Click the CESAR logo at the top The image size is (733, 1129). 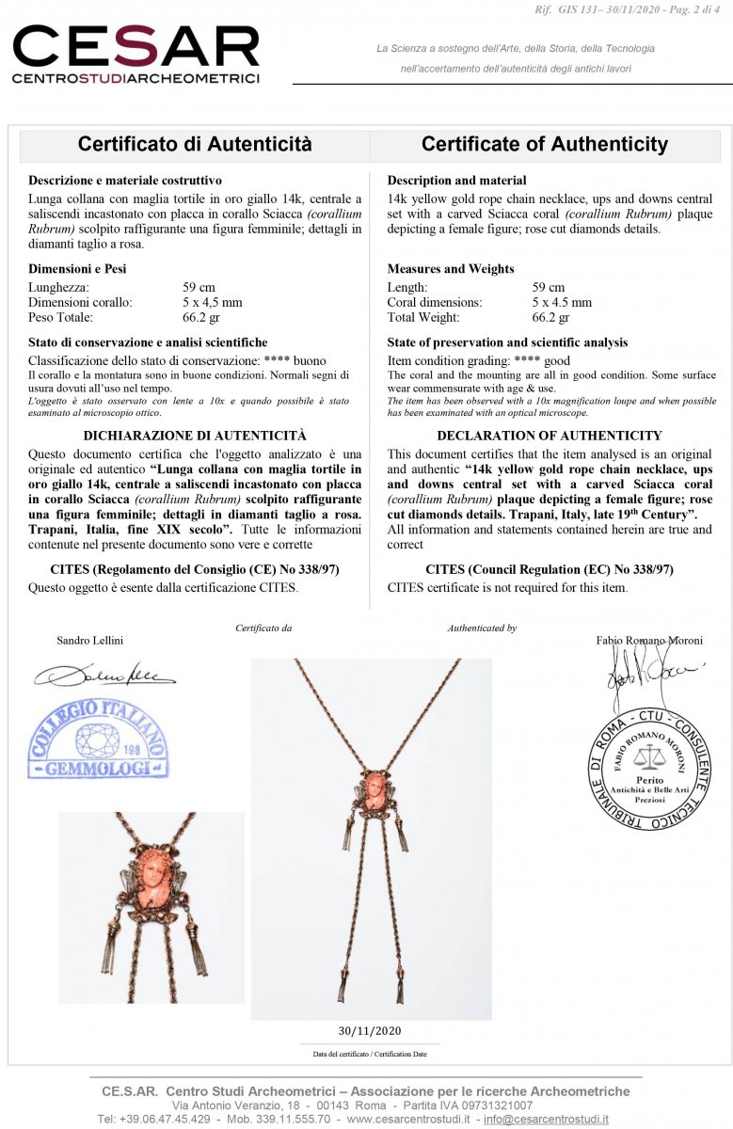135,55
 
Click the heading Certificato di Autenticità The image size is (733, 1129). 195,145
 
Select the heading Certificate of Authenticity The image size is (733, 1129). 544,145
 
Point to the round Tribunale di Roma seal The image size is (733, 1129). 649,769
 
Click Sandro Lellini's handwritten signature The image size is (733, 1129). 104,674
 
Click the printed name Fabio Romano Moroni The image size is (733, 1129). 649,641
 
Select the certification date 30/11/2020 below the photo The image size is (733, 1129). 369,1029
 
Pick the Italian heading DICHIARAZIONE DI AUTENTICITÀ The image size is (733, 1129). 195,436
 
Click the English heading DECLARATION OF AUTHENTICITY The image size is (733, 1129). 550,436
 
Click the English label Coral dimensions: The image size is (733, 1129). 435,302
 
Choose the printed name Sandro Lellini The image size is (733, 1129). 89,641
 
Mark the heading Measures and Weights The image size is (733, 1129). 451,269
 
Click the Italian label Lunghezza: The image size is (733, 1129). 58,287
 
